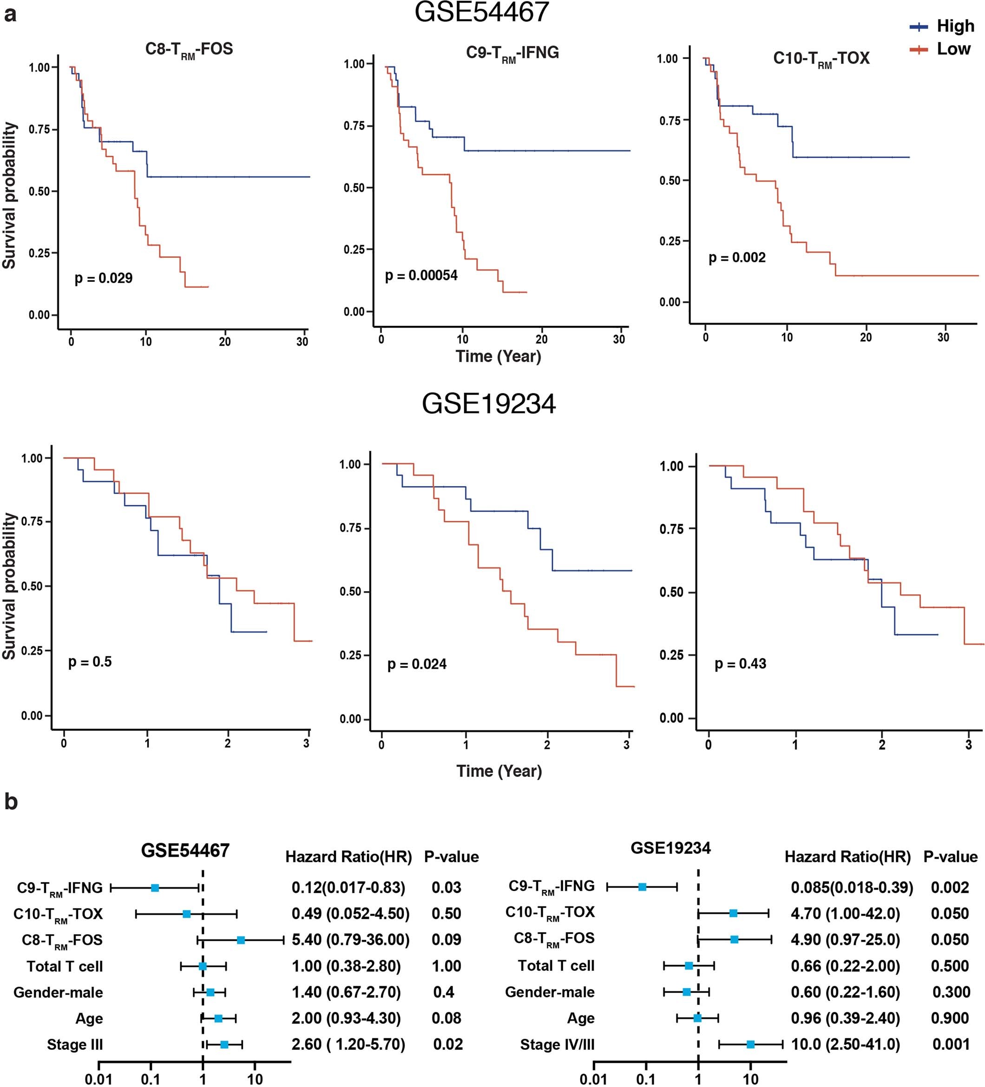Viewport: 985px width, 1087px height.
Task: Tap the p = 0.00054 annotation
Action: point(421,275)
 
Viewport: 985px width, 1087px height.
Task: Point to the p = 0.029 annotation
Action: point(103,278)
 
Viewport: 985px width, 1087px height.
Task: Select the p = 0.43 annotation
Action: point(740,664)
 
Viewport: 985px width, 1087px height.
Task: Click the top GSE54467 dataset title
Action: point(481,12)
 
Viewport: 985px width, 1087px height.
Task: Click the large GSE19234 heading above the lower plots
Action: point(488,404)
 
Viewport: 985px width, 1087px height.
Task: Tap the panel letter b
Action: point(11,802)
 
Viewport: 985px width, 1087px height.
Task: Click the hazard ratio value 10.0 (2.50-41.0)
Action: point(845,1044)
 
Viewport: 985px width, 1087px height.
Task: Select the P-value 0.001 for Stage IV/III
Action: point(951,1044)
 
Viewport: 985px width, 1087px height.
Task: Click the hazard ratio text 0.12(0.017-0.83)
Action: point(348,887)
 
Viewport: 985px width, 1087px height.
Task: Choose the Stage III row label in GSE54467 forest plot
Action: point(74,1044)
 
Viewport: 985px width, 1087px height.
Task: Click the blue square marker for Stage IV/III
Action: point(750,1044)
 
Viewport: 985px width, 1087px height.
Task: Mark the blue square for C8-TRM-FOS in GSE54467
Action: point(241,940)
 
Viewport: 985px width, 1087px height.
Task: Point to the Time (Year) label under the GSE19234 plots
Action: point(499,770)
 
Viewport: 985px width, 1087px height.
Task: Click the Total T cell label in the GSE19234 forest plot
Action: point(556,966)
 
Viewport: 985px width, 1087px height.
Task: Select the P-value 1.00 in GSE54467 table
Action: point(446,966)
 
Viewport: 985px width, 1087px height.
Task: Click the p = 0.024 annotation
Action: point(416,664)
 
